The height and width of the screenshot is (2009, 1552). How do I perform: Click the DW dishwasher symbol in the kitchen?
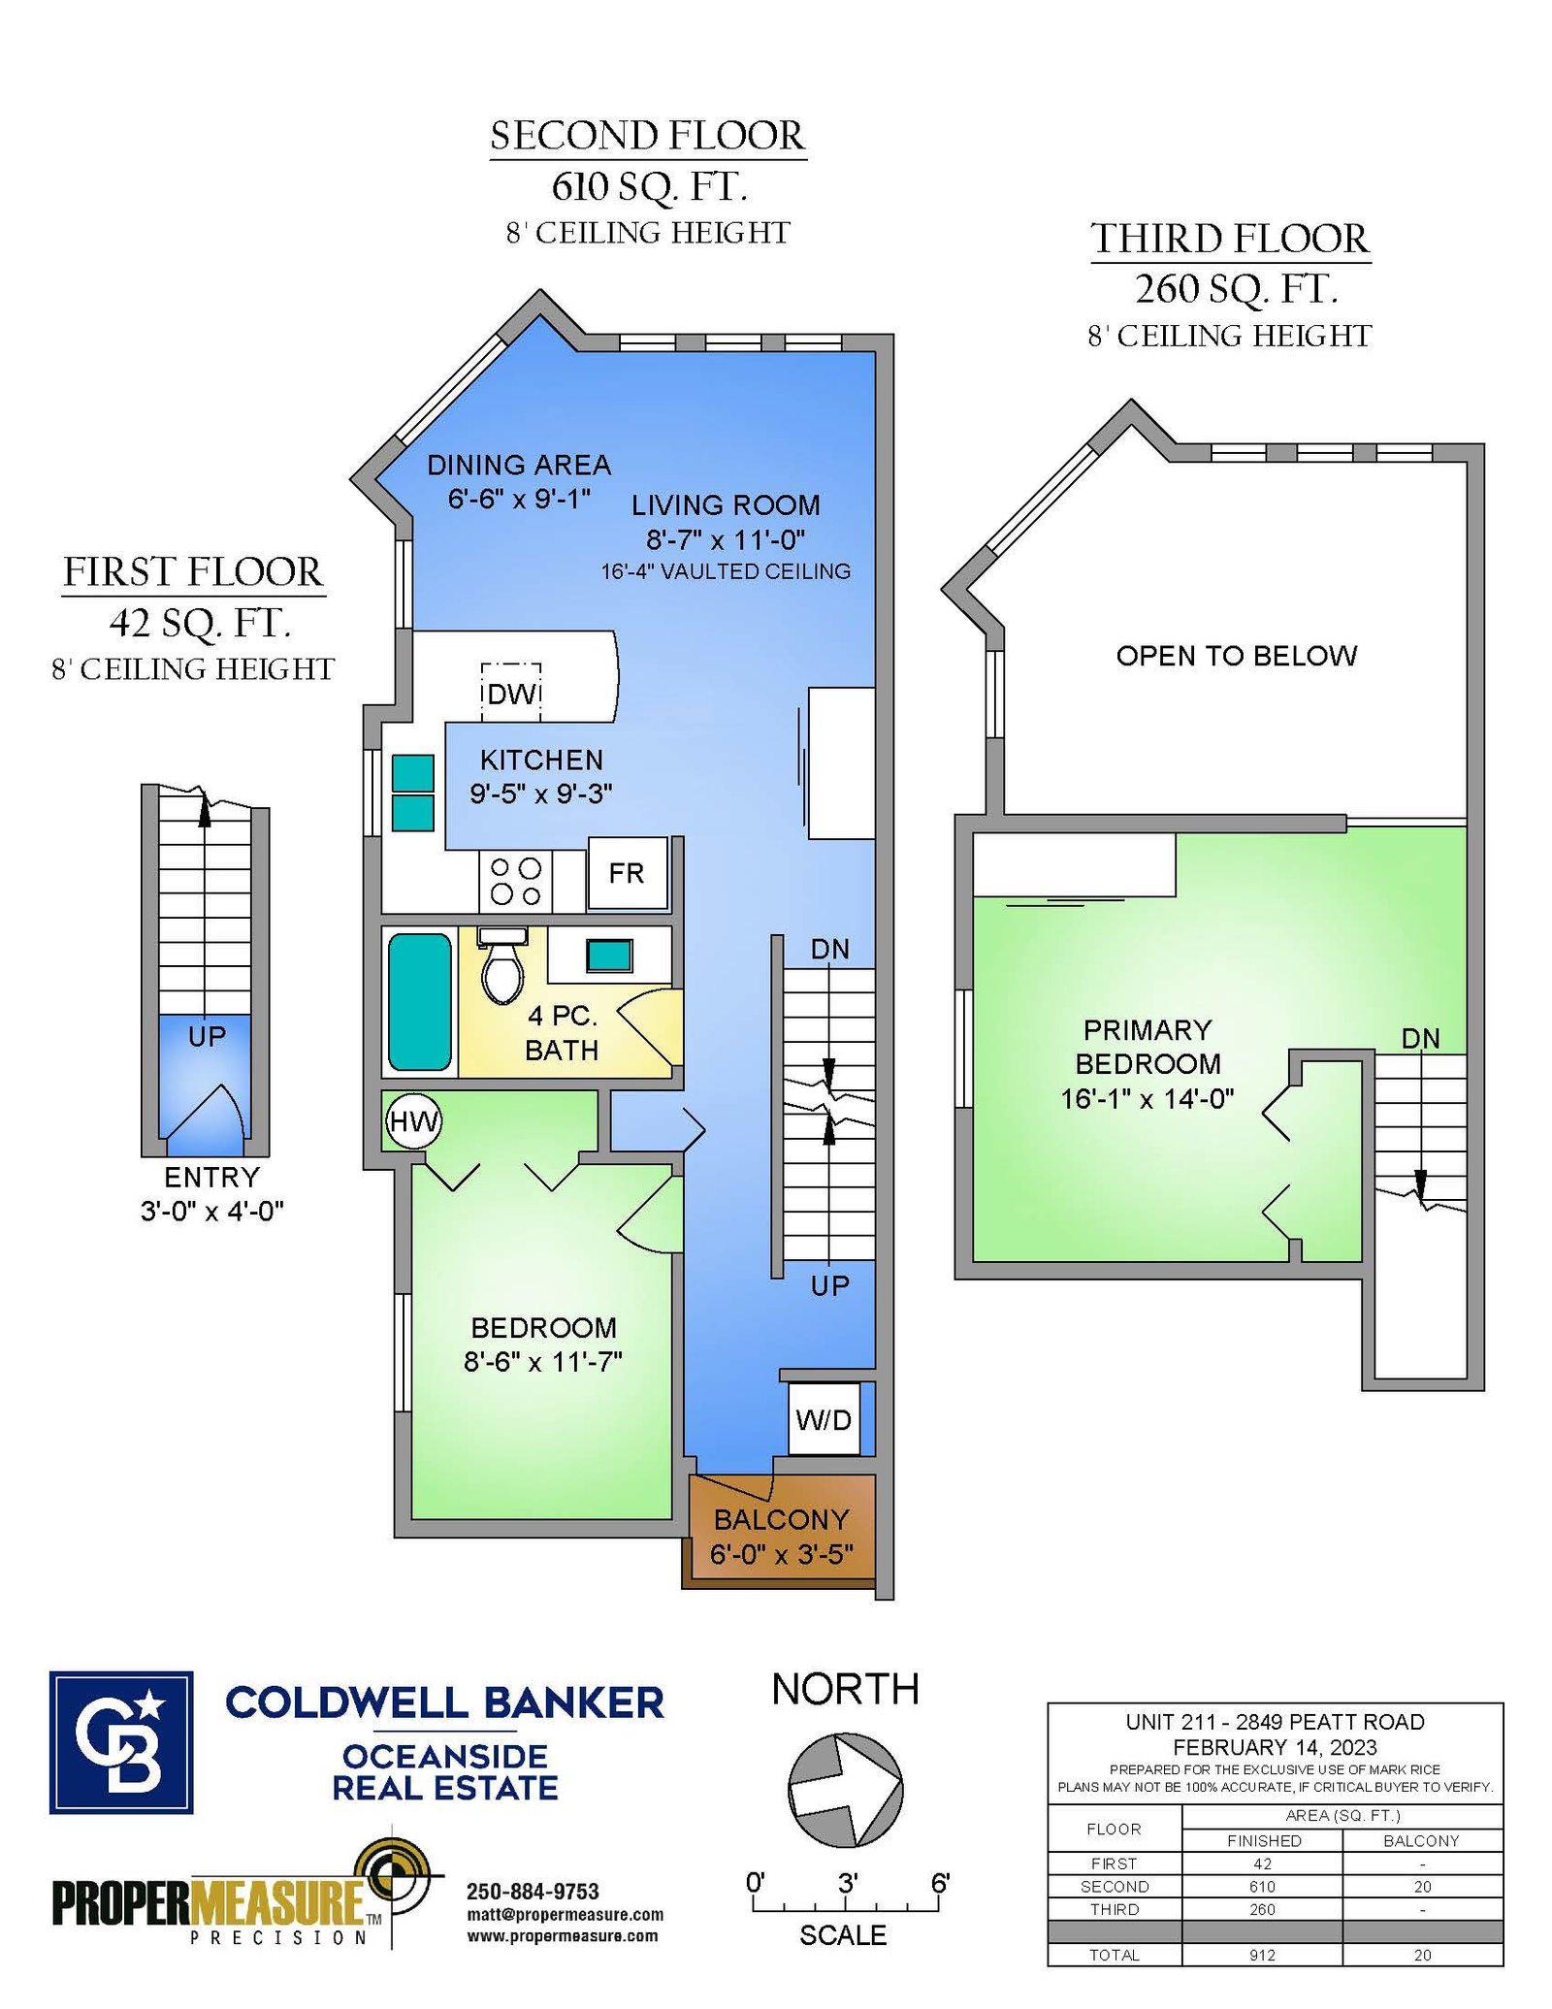click(511, 693)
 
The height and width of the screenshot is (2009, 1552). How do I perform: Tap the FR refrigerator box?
click(628, 873)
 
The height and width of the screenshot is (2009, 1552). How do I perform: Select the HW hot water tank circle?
click(414, 1121)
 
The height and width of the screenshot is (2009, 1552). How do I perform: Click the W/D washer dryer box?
click(824, 1419)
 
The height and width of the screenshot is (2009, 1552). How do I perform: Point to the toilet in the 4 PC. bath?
click(502, 966)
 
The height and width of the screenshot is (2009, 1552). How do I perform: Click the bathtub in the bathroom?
click(420, 1001)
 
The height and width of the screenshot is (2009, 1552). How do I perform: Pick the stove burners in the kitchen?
click(515, 881)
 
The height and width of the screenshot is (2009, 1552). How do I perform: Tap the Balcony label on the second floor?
click(781, 1519)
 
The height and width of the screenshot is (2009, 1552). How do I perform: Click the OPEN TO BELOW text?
click(1237, 656)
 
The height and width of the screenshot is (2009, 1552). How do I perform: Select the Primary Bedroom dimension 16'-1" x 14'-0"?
click(1148, 1098)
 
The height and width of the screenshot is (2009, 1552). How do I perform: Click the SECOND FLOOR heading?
click(648, 136)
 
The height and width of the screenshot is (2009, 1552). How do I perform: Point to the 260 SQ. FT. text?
click(1237, 289)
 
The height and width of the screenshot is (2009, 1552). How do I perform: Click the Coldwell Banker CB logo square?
click(121, 1743)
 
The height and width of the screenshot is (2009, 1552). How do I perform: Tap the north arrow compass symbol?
click(846, 1790)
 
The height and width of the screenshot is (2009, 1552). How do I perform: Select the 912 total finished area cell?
click(1262, 1956)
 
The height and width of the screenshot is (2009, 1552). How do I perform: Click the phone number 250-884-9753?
click(533, 1892)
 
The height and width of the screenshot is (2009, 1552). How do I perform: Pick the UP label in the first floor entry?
click(207, 1036)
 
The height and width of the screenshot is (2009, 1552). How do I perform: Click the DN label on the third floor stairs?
click(1421, 1039)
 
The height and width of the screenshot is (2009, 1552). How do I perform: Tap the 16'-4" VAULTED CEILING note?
click(726, 571)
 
